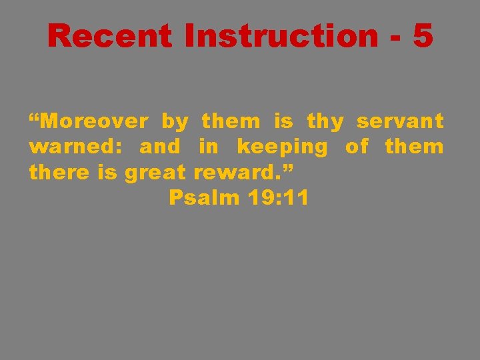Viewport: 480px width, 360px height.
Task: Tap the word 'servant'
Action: [x=400, y=122]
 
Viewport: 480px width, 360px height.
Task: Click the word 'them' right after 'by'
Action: [x=231, y=122]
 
